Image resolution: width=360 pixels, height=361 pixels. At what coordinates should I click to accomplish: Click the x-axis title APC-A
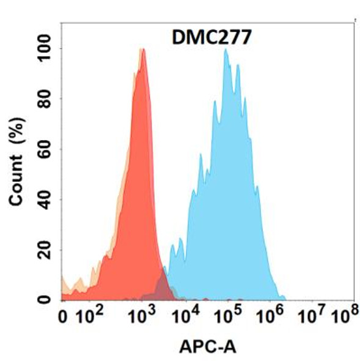[207, 347]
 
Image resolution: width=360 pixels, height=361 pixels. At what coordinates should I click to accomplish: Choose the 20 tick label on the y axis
[46, 250]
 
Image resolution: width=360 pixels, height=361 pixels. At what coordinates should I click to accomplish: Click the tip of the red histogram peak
[143, 50]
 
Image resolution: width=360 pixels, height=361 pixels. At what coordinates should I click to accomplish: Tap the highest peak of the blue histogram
[226, 50]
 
